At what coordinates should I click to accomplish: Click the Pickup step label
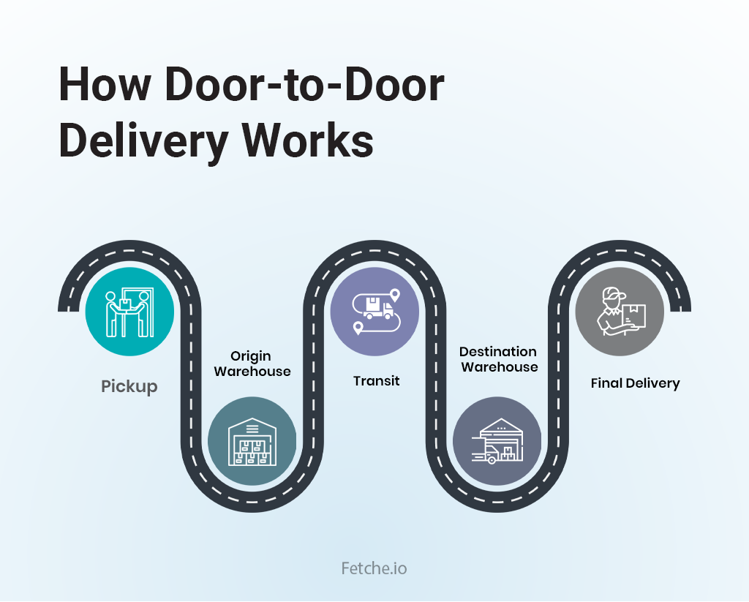click(x=129, y=386)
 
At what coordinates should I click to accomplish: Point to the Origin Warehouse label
click(x=251, y=364)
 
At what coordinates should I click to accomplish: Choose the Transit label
click(x=376, y=381)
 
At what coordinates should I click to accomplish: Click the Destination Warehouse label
click(x=498, y=359)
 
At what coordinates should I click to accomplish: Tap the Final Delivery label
click(x=635, y=383)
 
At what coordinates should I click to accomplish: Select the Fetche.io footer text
click(x=374, y=568)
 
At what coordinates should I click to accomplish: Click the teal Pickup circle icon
click(x=129, y=312)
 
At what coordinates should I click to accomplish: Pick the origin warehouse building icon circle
click(x=252, y=441)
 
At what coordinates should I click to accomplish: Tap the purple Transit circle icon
click(x=375, y=311)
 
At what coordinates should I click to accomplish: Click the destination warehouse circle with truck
click(x=497, y=441)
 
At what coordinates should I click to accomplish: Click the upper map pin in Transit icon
click(x=395, y=296)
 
